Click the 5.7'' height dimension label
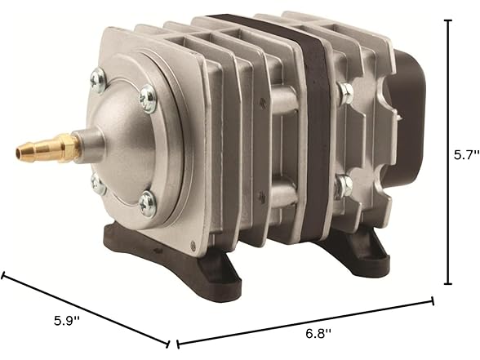(x=466, y=155)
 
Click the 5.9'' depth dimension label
(x=67, y=321)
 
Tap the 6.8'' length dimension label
(x=318, y=333)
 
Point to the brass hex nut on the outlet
(x=69, y=147)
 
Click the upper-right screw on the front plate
(x=148, y=99)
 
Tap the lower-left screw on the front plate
(x=98, y=184)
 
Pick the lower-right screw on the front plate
(x=147, y=203)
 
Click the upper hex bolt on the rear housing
(x=345, y=91)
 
